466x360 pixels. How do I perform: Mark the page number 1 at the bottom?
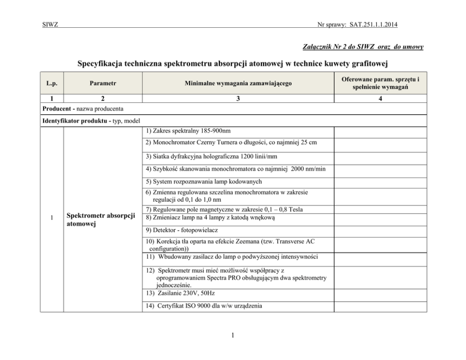pos(233,336)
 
